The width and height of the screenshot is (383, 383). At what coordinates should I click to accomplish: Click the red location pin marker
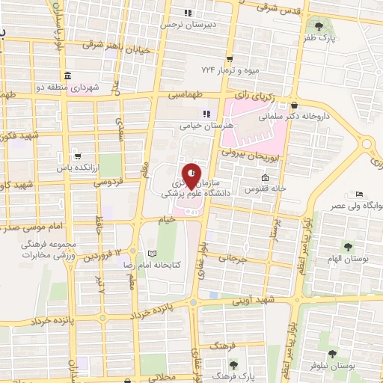click(x=192, y=176)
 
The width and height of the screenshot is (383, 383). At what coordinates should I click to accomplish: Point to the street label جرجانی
click(x=232, y=259)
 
